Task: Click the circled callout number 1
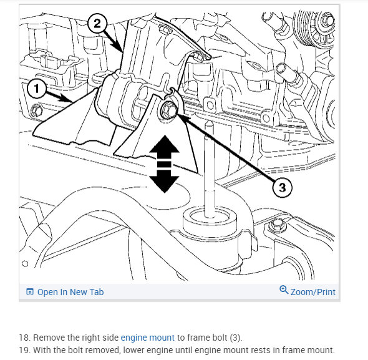tap(36, 89)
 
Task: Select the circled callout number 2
tap(97, 24)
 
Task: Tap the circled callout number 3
tap(283, 187)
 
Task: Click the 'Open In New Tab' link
tap(70, 292)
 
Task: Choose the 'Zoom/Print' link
tap(313, 292)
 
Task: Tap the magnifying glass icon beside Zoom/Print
tap(284, 289)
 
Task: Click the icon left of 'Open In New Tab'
tap(30, 291)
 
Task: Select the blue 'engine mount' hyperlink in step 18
tap(148, 338)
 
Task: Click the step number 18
tap(24, 338)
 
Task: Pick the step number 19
tap(24, 350)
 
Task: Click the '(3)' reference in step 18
tap(235, 338)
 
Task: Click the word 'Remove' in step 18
tap(49, 338)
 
